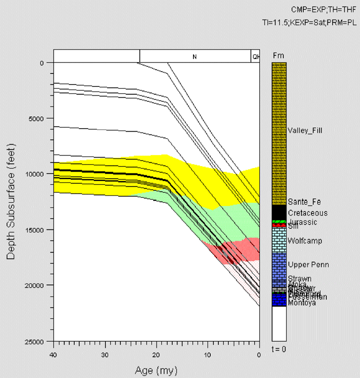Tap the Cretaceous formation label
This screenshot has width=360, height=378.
tap(308, 213)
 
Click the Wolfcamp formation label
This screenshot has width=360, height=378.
tap(304, 241)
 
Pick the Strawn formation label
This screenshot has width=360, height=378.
tap(300, 279)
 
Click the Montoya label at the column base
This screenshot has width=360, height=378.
tap(302, 303)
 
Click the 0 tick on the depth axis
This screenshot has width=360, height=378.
tap(42, 63)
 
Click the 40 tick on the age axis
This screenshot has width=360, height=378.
tap(53, 355)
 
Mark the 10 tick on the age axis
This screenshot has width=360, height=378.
tap(207, 355)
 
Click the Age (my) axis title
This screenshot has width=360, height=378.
tap(156, 370)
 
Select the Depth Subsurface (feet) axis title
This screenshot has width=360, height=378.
tap(11, 202)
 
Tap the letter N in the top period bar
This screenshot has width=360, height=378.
tap(194, 57)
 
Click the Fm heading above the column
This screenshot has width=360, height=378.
tap(278, 56)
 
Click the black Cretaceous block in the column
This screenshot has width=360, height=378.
tap(279, 212)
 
